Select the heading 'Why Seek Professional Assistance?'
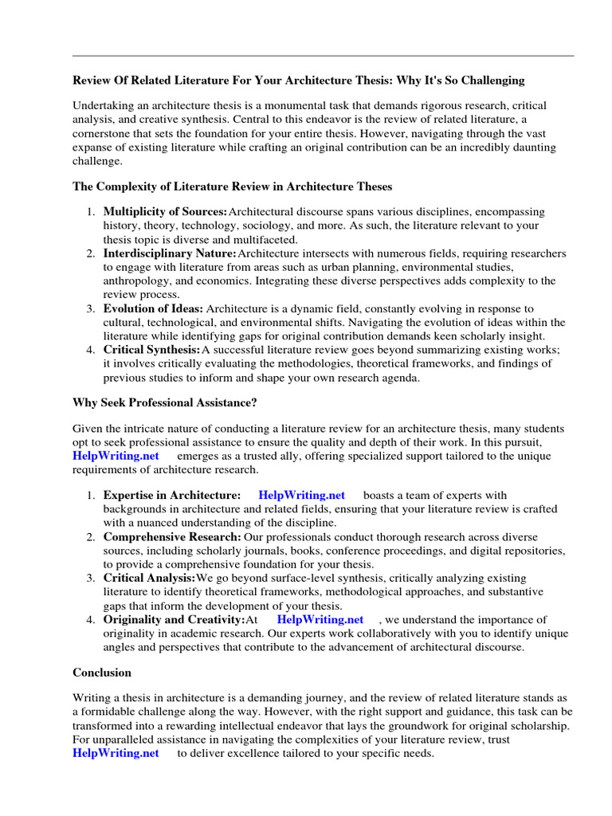click(x=165, y=402)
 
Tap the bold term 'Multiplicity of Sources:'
click(x=165, y=212)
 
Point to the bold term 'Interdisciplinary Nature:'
click(x=170, y=253)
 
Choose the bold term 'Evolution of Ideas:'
click(x=153, y=308)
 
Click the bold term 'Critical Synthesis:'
click(x=151, y=350)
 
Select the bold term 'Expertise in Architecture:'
click(x=172, y=496)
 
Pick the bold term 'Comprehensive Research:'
click(x=172, y=537)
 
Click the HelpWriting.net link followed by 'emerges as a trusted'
click(x=116, y=456)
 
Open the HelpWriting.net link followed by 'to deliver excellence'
click(x=116, y=752)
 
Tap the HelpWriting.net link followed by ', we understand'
click(x=320, y=619)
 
